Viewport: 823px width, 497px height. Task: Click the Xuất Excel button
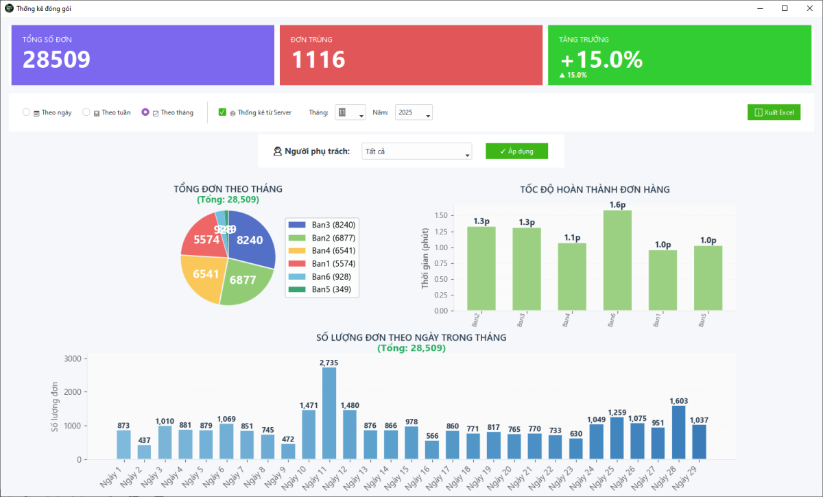774,112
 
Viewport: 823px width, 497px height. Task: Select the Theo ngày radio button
27,112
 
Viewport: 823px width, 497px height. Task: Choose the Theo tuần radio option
86,112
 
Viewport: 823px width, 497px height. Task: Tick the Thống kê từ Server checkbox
222,112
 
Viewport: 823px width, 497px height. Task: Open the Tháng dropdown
350,112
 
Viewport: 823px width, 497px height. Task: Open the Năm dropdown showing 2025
414,112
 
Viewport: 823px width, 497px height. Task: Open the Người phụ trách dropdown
416,151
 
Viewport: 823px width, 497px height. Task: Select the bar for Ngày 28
678,432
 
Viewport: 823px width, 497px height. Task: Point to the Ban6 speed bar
617,260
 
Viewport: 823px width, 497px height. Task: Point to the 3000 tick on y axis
72,359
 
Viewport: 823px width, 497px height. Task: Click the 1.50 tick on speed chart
441,215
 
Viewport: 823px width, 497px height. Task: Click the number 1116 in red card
318,60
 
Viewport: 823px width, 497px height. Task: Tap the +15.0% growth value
601,60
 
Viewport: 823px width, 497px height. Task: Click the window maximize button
785,8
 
